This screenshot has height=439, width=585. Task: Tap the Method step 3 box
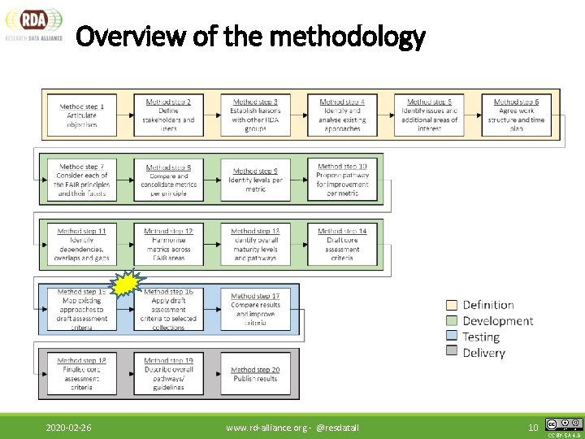pyautogui.click(x=255, y=115)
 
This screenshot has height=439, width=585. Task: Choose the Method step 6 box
pyautogui.click(x=516, y=115)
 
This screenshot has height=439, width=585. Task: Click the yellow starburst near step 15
pyautogui.click(x=129, y=285)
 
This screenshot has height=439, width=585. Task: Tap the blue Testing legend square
pyautogui.click(x=452, y=337)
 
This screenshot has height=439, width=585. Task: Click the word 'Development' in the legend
pyautogui.click(x=497, y=321)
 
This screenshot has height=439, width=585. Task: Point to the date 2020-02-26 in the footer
pyautogui.click(x=68, y=428)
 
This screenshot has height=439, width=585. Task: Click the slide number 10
pyautogui.click(x=533, y=428)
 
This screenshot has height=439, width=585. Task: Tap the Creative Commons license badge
pyautogui.click(x=564, y=424)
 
